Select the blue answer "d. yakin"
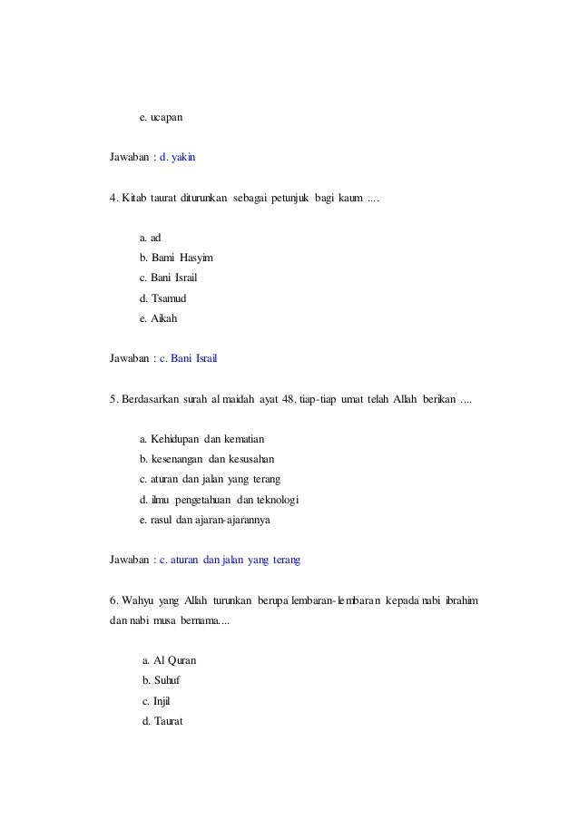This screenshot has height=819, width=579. (177, 157)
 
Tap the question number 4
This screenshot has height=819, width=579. (113, 197)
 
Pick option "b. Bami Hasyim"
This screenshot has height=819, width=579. (176, 257)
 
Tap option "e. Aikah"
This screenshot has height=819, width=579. (159, 317)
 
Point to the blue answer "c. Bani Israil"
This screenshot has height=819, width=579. (188, 357)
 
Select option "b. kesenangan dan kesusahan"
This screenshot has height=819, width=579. (207, 458)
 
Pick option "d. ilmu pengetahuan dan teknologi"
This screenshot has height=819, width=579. (220, 499)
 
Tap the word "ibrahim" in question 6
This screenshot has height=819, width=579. (462, 600)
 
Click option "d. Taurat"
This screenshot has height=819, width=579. (163, 721)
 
